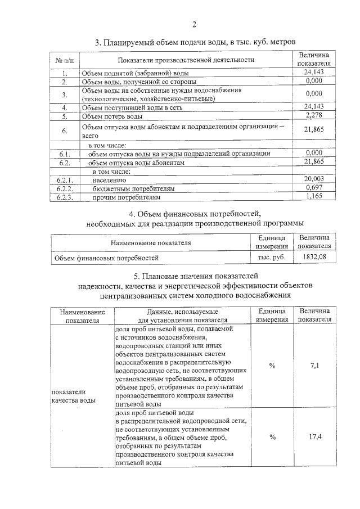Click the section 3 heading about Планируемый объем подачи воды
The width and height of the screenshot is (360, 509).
click(x=195, y=43)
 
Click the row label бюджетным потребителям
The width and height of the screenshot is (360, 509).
click(x=134, y=188)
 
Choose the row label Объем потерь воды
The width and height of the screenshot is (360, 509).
click(x=112, y=116)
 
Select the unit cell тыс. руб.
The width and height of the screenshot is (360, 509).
click(x=272, y=258)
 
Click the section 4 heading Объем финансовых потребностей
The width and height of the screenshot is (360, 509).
click(x=195, y=214)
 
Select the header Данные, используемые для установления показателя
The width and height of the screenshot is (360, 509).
click(x=182, y=316)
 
